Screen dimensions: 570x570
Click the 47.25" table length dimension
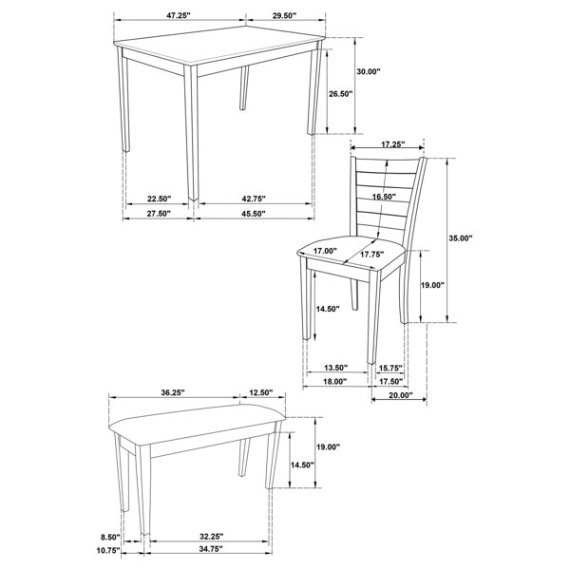click(x=179, y=15)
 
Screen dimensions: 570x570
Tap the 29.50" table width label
click(x=284, y=15)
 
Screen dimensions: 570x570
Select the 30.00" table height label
click(x=368, y=71)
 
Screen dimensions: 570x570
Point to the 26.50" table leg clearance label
click(x=341, y=94)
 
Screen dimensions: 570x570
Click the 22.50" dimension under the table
click(x=159, y=199)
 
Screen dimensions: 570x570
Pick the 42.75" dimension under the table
click(x=254, y=199)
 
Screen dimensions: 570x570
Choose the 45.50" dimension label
click(x=254, y=214)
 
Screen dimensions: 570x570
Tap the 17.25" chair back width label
click(x=393, y=144)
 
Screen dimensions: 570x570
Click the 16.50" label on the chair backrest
click(x=384, y=197)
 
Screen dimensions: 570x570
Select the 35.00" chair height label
click(x=460, y=238)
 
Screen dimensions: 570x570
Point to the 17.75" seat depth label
click(x=371, y=255)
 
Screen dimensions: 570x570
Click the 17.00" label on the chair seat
click(x=325, y=251)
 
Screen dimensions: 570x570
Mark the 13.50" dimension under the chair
click(x=336, y=368)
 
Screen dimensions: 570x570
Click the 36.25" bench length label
click(x=173, y=392)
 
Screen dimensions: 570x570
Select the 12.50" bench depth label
click(x=261, y=392)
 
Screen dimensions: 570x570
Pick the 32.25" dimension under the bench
click(x=211, y=536)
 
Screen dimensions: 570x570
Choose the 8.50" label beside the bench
click(x=110, y=537)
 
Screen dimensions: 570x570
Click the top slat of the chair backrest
click(x=387, y=166)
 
